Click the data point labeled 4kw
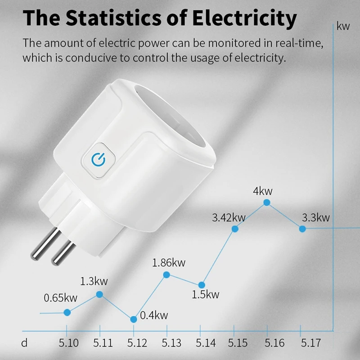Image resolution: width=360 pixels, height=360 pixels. click(266, 203)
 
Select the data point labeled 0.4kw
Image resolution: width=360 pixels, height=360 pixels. click(134, 319)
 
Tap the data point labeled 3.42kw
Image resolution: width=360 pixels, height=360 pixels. click(234, 229)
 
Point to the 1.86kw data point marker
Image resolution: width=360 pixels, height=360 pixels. click(166, 274)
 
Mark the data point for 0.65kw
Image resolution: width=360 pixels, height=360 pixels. click(67, 312)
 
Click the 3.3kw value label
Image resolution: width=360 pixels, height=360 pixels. click(315, 218)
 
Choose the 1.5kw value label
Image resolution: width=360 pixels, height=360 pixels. click(205, 295)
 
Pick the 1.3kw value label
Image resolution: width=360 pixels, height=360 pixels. click(94, 282)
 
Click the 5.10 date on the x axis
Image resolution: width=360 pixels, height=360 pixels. click(69, 343)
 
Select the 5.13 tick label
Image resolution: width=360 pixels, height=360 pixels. click(171, 343)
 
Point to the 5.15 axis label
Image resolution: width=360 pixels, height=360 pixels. click(238, 343)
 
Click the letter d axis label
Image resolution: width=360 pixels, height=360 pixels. click(25, 343)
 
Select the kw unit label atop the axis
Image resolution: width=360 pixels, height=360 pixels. click(343, 26)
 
